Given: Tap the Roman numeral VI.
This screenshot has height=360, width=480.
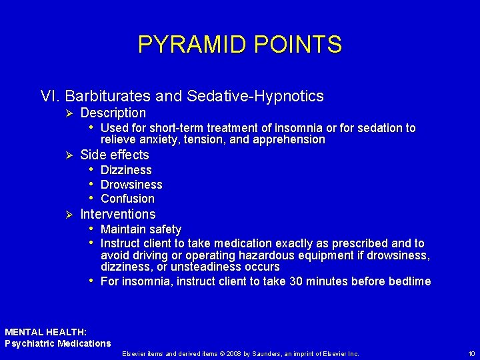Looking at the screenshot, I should pos(51,97).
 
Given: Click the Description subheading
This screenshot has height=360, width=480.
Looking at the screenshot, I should pos(113,113).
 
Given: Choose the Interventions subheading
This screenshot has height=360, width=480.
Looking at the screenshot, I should pos(117,214).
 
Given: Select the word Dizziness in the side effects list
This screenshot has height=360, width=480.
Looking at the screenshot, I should pos(126,171).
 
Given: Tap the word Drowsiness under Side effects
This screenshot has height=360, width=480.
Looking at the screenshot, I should pos(131,185).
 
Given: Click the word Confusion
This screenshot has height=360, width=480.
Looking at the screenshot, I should pos(127,199).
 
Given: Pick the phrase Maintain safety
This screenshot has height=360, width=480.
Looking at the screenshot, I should pos(141,229).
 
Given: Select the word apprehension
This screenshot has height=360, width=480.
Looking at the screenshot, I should pos(287,140).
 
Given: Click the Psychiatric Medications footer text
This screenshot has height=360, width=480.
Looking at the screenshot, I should pos(58,343).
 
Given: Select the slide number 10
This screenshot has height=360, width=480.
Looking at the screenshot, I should pos(471,353).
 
